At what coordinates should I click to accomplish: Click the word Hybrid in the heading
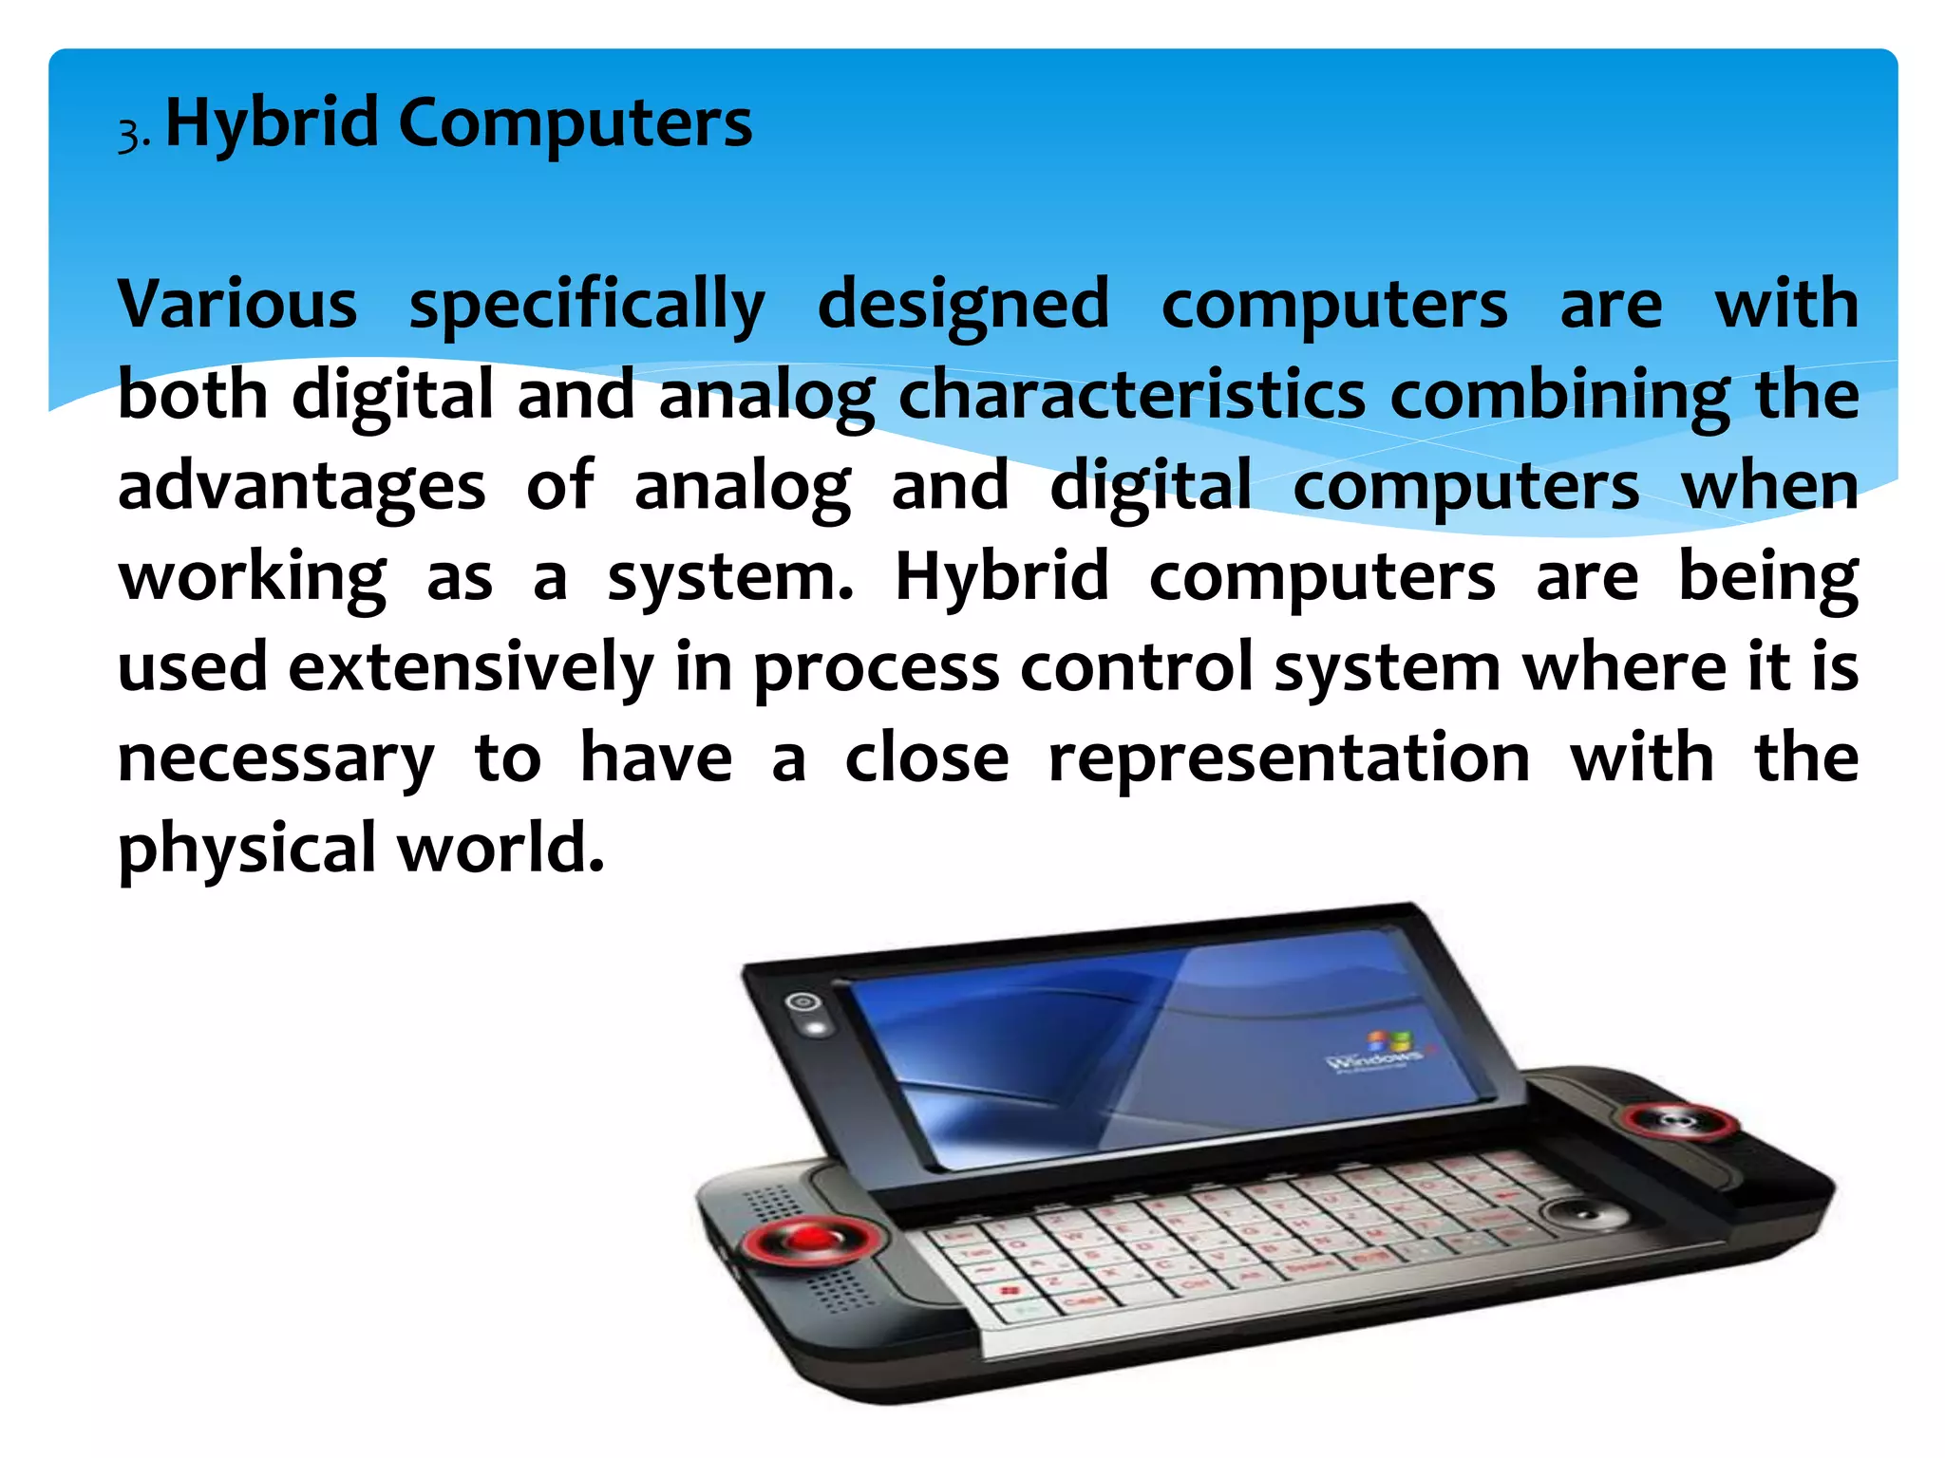coord(272,123)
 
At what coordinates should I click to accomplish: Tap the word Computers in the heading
coord(575,123)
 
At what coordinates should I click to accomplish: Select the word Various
coord(237,304)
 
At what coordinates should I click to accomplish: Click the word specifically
coord(587,306)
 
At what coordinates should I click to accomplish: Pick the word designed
coord(963,306)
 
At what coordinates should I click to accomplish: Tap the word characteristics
coord(1132,395)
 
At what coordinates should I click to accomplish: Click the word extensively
coord(471,666)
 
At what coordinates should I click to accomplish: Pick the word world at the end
coord(500,848)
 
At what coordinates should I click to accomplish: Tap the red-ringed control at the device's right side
coord(1679,1122)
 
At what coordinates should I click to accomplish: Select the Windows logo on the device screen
coord(1388,1044)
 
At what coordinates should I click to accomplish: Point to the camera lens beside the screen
coord(804,1001)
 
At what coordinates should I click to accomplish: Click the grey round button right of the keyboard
coord(1580,1214)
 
